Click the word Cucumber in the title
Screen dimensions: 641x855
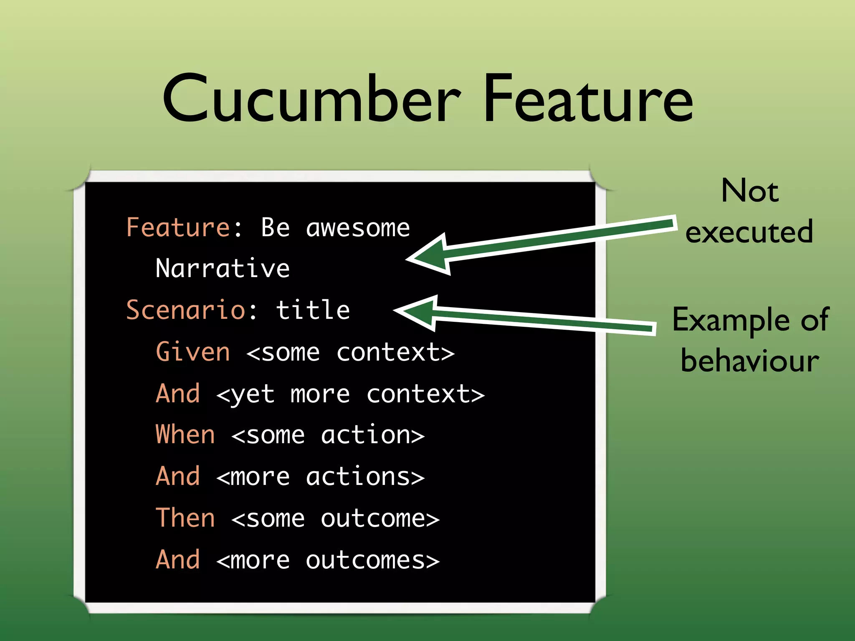pyautogui.click(x=311, y=99)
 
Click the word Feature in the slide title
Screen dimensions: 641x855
pyautogui.click(x=588, y=99)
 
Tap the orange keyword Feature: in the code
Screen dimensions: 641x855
pyautogui.click(x=184, y=228)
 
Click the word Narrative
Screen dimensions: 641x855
pyautogui.click(x=223, y=268)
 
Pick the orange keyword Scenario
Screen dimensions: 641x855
pyautogui.click(x=186, y=310)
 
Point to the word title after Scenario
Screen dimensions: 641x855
pyautogui.click(x=313, y=310)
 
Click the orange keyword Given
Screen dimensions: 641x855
pyautogui.click(x=192, y=352)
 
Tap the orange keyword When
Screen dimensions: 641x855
pyautogui.click(x=185, y=435)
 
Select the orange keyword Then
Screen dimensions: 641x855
pyautogui.click(x=185, y=518)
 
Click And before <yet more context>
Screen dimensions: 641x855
pyautogui.click(x=178, y=394)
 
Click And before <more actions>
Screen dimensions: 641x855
pyautogui.click(x=178, y=477)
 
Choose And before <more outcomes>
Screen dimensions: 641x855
pyautogui.click(x=178, y=560)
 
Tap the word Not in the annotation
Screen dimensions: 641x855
pyautogui.click(x=750, y=191)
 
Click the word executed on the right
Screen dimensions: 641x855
pyautogui.click(x=749, y=232)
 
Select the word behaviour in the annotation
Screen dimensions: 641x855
pyautogui.click(x=750, y=361)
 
